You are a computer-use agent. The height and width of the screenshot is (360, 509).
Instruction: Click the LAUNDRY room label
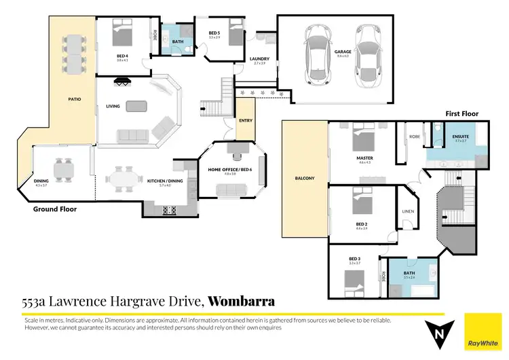[260, 58]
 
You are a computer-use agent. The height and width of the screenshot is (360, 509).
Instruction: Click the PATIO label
[75, 99]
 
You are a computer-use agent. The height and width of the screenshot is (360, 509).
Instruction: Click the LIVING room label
[113, 106]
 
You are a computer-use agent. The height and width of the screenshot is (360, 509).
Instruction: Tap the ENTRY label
[245, 121]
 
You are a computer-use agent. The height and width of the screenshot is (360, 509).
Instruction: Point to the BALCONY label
[305, 178]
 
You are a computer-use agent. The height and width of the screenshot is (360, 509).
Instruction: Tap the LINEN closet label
[409, 211]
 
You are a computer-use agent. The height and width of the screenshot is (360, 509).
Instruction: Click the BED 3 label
[354, 258]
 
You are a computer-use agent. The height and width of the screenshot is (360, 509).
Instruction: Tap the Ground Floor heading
[55, 210]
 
